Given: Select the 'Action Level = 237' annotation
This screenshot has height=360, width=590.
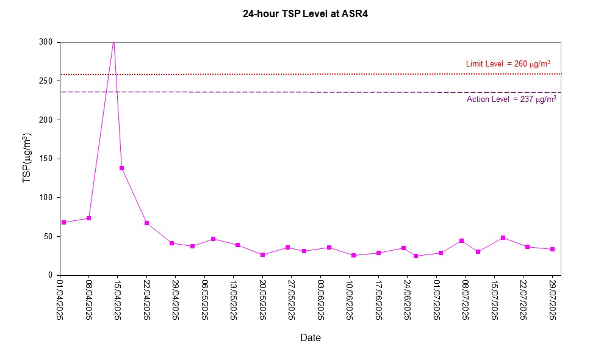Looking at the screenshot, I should coord(511,99).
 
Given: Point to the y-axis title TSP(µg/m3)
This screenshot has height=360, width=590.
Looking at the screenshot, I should coord(27,158).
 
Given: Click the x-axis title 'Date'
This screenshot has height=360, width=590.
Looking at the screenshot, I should coord(310,337).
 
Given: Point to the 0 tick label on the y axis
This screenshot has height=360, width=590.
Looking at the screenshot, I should coord(51,275).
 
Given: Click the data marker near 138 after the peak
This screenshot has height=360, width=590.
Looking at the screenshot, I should coord(121,168).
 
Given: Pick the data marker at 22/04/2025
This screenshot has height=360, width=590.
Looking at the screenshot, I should coord(146,223).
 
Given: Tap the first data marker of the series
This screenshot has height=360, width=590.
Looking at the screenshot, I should coord(63,222).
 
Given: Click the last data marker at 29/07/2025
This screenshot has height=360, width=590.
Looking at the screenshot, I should coord(552,249).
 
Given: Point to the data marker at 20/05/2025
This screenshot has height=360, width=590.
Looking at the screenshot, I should coord(262,254).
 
